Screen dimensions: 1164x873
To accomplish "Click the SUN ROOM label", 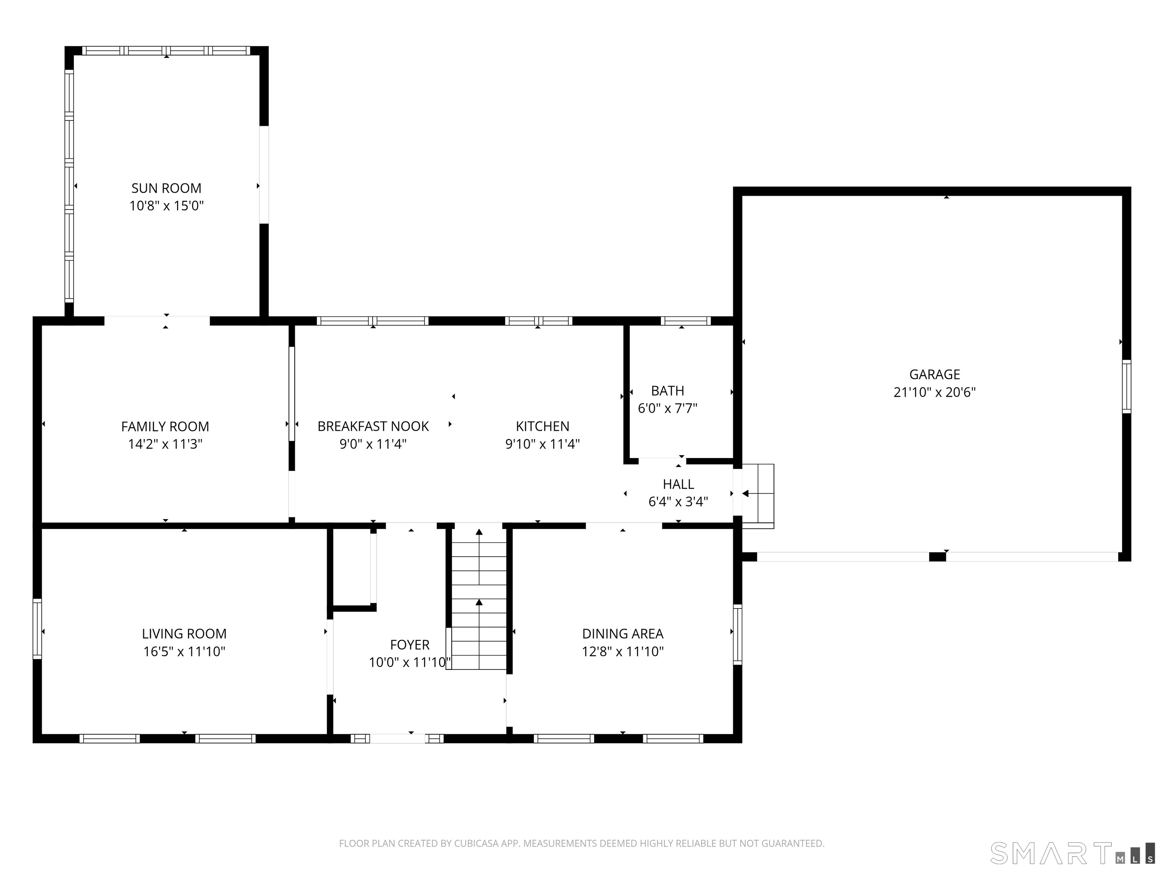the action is pos(166,188).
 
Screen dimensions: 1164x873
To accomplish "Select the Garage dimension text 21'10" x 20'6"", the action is pos(934,392).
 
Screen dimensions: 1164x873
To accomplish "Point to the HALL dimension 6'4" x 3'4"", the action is pos(678,502).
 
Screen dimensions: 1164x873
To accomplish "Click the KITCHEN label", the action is pos(543,426).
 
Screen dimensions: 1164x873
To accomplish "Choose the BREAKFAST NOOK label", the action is pos(373,426).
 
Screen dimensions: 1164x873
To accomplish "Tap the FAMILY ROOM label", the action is pos(165,426).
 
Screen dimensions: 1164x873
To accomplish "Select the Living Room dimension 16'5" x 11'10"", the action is pos(184,651).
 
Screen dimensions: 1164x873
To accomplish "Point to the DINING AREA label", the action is pos(623,634).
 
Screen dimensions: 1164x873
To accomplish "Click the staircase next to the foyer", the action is pos(479,599).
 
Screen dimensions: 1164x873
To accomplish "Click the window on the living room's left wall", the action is pos(37,628).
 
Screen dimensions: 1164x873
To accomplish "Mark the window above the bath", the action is pos(686,321).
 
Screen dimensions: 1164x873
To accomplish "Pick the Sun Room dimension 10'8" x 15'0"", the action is pos(166,206).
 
